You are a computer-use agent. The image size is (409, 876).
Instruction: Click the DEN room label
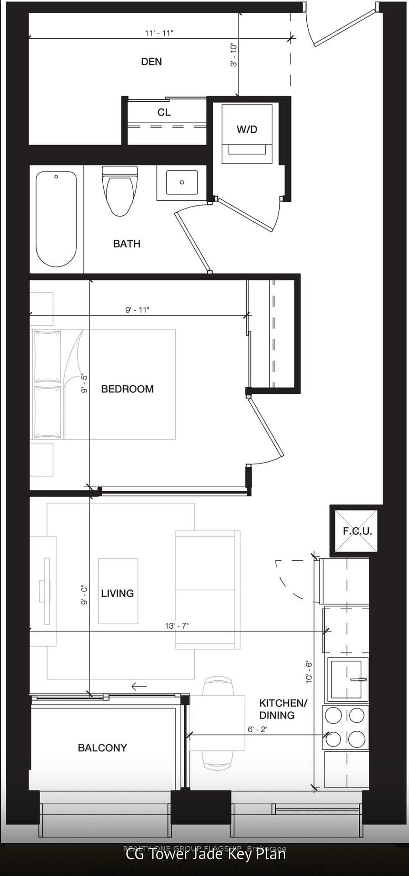coord(151,62)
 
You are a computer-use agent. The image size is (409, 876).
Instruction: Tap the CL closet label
coord(164,112)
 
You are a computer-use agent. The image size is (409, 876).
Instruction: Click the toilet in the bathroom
coord(120,191)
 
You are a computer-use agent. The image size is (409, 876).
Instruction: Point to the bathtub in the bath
coord(56,219)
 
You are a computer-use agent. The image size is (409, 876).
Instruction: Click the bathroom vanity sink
coord(182,182)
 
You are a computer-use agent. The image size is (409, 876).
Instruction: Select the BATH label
coord(126,244)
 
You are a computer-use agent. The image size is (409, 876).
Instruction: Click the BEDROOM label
coord(127,389)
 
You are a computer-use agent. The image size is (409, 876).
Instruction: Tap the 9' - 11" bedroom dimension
coord(137,310)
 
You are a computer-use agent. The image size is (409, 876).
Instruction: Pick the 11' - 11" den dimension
coord(159,33)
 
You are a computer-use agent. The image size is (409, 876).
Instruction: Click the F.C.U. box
coord(357,531)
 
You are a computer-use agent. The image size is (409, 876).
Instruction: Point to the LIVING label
coord(117,593)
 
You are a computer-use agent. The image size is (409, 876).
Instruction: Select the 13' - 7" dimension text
coord(177,626)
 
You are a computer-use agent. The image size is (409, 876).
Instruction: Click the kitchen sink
coord(348,679)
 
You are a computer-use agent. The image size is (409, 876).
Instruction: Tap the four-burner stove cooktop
coord(345,727)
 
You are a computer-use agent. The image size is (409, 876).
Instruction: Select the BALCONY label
coord(102,748)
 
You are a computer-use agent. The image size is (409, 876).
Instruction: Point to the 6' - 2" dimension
coord(257,729)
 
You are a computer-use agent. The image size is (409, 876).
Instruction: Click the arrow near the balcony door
coord(139,686)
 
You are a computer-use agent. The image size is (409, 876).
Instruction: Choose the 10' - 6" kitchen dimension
coord(309,672)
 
